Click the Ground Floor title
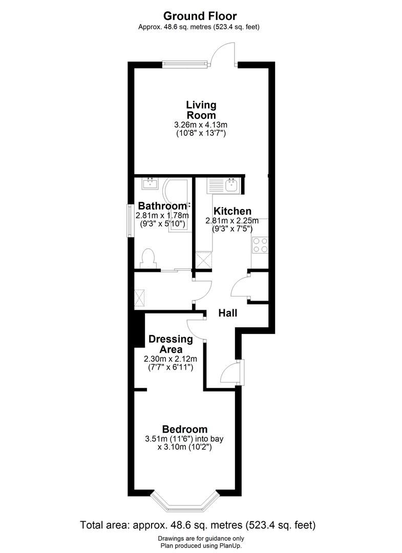click(x=200, y=16)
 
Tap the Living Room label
click(x=201, y=110)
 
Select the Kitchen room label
click(x=232, y=211)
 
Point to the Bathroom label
click(x=161, y=207)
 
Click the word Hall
click(x=228, y=312)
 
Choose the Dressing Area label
click(x=171, y=344)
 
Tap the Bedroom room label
click(x=185, y=429)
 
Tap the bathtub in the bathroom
click(x=177, y=205)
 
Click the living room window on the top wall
click(x=185, y=64)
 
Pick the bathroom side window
click(x=131, y=220)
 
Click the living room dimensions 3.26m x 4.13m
click(x=201, y=124)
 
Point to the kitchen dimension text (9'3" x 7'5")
click(x=233, y=229)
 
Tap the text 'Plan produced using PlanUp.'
click(x=201, y=545)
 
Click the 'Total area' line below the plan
click(x=198, y=525)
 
